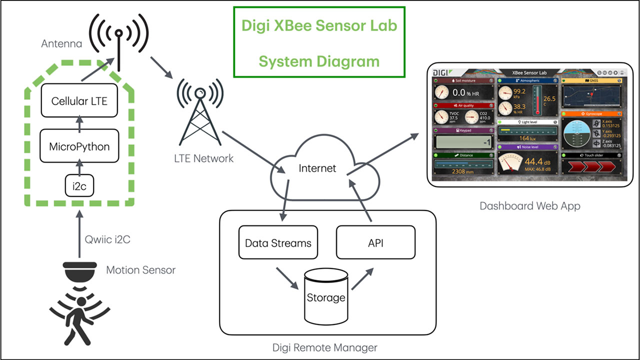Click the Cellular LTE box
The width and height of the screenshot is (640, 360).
[79, 101]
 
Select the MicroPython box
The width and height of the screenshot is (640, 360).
[79, 146]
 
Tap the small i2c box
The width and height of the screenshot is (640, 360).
[79, 186]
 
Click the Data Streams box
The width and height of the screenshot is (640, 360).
[278, 243]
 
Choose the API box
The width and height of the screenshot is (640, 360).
[375, 243]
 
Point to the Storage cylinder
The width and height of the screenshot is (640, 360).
[325, 297]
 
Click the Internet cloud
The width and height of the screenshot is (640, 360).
[317, 168]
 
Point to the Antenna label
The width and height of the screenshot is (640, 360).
[61, 44]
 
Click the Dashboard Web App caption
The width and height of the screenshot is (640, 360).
[530, 205]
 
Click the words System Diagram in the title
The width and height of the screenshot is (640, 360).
[319, 61]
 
